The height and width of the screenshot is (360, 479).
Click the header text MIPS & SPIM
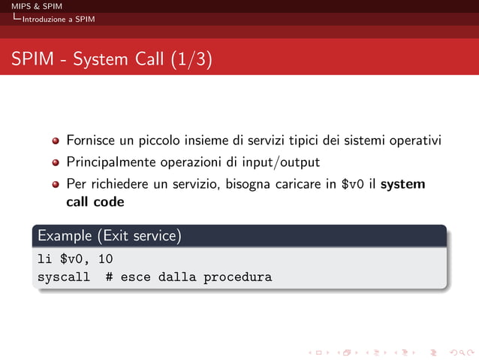click(31, 7)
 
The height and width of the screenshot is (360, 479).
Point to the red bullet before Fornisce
click(56, 141)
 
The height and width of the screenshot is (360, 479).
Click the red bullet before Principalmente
click(56, 162)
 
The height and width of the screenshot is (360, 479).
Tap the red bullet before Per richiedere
click(56, 184)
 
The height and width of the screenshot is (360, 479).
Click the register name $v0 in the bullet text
click(353, 184)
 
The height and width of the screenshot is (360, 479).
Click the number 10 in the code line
click(105, 260)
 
